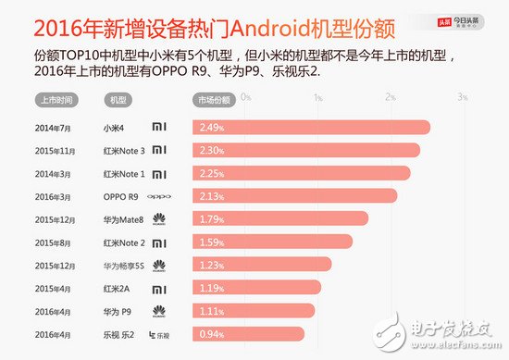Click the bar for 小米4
[x=315, y=126]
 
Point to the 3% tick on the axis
[x=461, y=97]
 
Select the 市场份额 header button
[x=213, y=98]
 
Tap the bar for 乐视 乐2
[x=250, y=334]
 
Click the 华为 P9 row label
[x=117, y=311]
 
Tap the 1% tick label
[x=317, y=97]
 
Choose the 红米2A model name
[x=116, y=288]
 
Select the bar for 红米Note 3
[x=309, y=149]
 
